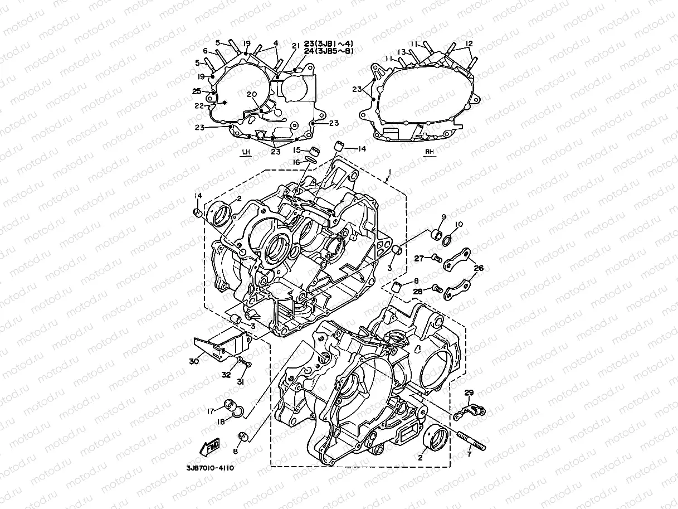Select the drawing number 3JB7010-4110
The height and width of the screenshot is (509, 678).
click(x=211, y=468)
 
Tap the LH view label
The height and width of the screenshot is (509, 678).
click(x=245, y=152)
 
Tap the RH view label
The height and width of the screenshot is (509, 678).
click(x=428, y=152)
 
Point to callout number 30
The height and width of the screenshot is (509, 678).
click(x=194, y=361)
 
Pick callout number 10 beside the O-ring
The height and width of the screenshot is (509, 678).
click(x=458, y=224)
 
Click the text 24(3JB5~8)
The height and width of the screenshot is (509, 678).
click(x=328, y=51)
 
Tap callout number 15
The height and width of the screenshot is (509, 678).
click(x=297, y=150)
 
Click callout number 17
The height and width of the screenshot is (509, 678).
click(x=211, y=411)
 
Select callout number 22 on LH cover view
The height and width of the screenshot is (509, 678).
click(x=213, y=104)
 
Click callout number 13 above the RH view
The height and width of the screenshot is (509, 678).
click(x=401, y=52)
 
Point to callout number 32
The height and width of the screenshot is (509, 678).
click(x=226, y=375)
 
